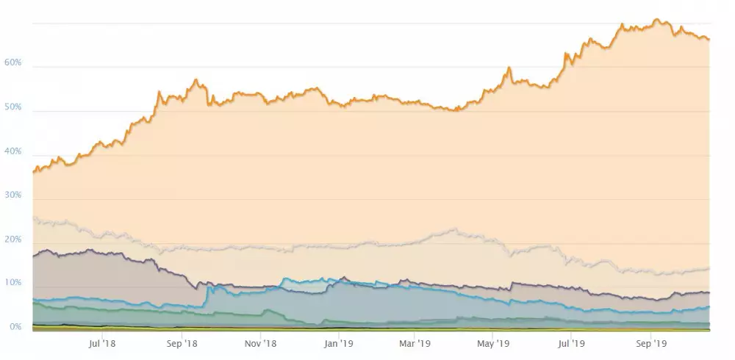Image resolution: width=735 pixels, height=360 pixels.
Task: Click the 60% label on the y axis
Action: coord(12,64)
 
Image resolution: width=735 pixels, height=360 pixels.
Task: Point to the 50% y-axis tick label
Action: coord(12,108)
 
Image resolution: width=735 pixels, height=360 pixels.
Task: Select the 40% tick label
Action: coord(12,152)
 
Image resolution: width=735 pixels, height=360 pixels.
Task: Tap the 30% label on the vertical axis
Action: coord(12,196)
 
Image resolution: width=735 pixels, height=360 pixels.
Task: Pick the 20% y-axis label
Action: coord(12,240)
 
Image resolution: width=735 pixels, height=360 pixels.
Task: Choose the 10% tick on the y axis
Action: coord(12,284)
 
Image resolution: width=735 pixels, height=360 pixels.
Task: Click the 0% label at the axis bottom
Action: coord(15,327)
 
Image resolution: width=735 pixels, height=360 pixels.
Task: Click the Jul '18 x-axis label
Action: coord(102,342)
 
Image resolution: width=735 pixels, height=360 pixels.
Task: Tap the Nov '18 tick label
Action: coord(259,342)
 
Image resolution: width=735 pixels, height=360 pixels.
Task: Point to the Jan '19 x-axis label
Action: coord(339,342)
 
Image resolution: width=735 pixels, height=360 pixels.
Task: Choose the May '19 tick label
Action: coord(493,342)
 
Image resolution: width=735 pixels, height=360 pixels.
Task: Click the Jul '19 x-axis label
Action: coord(572,342)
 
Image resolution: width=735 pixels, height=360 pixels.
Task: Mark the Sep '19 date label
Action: coord(650,342)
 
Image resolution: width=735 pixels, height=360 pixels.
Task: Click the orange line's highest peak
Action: coord(656,20)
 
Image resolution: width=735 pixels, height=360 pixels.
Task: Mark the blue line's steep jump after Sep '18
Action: coord(208,294)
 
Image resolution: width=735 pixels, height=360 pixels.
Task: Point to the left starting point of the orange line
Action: coord(33,172)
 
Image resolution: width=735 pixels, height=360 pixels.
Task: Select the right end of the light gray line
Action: coord(709,268)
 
